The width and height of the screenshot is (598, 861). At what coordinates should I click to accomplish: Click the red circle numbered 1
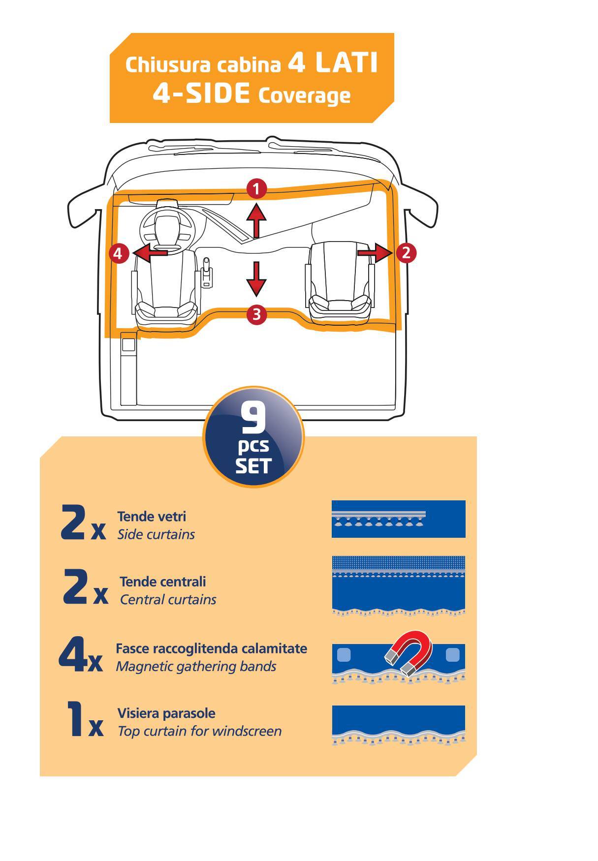tap(256, 189)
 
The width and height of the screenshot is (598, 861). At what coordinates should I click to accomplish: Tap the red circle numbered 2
tap(406, 253)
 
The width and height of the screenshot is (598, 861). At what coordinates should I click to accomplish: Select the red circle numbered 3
tap(256, 314)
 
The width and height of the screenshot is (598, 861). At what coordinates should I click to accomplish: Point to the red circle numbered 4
tap(118, 254)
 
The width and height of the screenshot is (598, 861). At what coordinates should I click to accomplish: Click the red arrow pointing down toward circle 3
tap(256, 278)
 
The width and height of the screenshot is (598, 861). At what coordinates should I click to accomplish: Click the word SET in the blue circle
tap(253, 466)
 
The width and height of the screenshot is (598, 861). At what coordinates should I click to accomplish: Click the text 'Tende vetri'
tap(151, 517)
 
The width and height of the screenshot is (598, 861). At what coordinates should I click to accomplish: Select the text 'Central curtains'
tap(168, 600)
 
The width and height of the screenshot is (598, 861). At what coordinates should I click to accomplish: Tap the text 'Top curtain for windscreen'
tap(199, 731)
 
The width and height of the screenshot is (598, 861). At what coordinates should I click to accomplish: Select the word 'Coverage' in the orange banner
tap(304, 95)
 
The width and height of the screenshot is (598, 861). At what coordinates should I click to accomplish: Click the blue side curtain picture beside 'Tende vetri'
tap(398, 519)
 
